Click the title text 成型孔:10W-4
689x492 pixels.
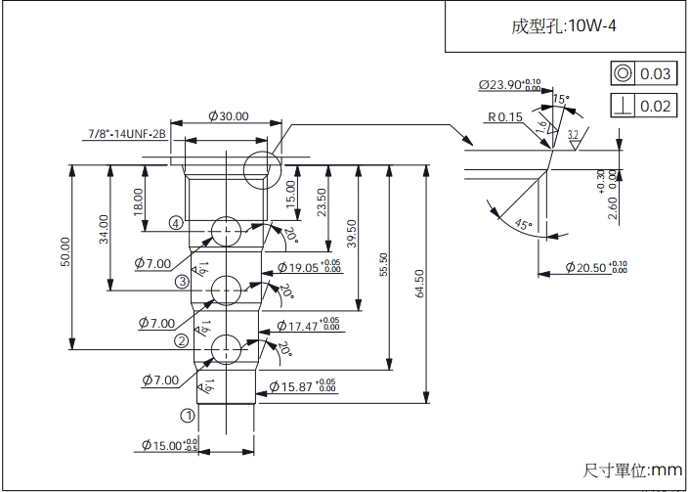566,26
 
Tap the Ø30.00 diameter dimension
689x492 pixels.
229,116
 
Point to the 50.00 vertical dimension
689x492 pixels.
65,252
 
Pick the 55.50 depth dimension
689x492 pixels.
384,266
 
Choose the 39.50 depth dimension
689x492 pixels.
352,234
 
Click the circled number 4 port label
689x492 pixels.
175,224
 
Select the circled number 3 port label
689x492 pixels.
182,282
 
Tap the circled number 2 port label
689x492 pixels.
182,341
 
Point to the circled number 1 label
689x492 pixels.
189,415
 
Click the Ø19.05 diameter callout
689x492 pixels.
309,266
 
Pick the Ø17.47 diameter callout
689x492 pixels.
309,325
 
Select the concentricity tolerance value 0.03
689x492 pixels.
655,74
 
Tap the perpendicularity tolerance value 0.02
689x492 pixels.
655,106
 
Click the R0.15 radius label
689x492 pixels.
505,117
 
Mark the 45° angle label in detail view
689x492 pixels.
523,225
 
